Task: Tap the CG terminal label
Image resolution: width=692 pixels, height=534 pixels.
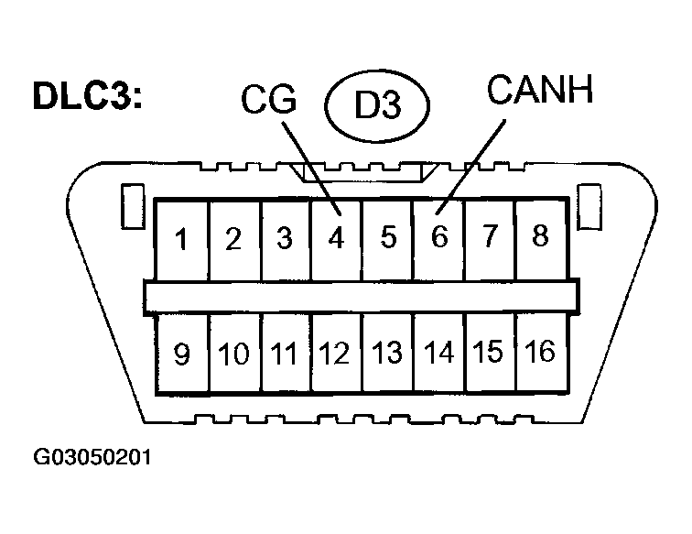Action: (269, 100)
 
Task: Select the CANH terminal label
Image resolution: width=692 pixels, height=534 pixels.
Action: (541, 91)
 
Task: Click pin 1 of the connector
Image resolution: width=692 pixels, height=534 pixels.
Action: (182, 241)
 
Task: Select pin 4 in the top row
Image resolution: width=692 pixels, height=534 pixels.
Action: (336, 240)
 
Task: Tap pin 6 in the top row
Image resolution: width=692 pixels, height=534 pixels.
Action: (439, 238)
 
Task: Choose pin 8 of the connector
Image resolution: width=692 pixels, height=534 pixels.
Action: (540, 236)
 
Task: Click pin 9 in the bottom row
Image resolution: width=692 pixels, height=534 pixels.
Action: (182, 354)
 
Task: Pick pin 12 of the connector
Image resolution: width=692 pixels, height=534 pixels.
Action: (336, 354)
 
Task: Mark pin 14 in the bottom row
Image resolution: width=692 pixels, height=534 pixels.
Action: (439, 353)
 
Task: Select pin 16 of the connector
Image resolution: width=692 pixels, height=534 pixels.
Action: (540, 351)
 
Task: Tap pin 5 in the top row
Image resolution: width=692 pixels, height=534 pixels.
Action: (388, 239)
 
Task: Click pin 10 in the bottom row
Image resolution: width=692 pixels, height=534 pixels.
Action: (234, 354)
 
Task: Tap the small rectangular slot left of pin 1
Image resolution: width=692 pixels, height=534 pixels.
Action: (131, 208)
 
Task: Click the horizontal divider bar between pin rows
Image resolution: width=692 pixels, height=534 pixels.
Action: (361, 296)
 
